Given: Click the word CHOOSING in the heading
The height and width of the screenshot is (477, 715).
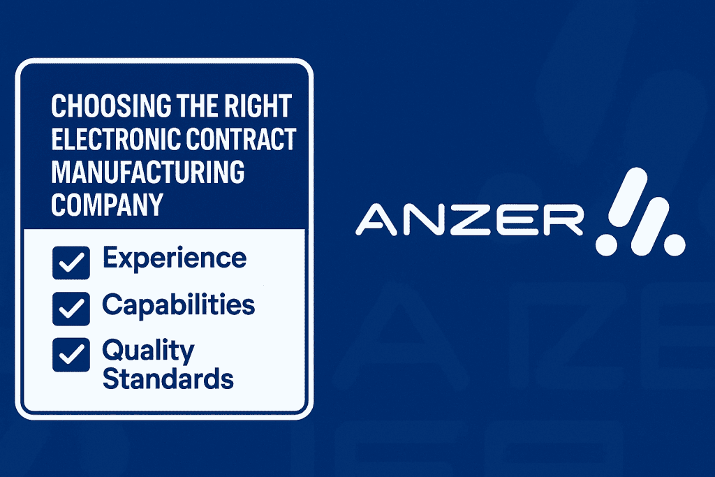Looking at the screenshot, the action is coord(111,105).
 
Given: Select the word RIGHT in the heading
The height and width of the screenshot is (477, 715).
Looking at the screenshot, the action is coord(251,105).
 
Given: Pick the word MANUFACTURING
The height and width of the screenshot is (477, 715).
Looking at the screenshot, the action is coord(148,172).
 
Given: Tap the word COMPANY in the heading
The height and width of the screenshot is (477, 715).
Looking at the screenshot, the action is coord(107,205).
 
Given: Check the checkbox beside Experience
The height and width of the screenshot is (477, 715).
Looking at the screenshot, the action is coord(71,263).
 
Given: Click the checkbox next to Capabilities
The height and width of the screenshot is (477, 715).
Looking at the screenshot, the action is coord(71,309).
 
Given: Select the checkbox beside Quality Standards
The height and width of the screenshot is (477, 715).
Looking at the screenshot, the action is coord(71,355).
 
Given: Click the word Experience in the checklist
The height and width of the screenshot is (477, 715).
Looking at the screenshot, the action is coord(175,259).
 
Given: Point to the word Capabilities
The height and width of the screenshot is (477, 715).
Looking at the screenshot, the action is coord(179,304).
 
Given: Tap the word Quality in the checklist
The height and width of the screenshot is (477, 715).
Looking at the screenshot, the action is coord(149,351).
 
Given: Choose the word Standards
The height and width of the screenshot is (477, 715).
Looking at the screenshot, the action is coord(168,379).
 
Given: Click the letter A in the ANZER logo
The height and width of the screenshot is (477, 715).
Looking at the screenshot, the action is coord(376,220).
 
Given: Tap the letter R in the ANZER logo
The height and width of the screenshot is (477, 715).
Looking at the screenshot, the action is coord(564,220).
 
